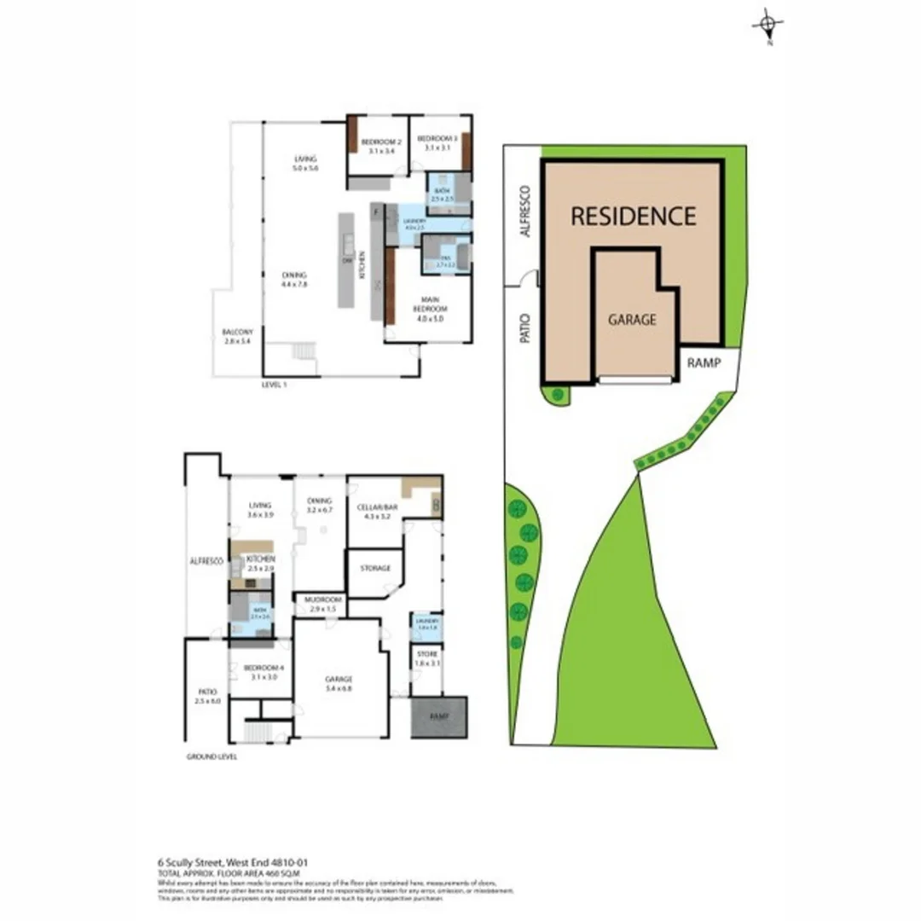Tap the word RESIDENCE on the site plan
click(x=633, y=216)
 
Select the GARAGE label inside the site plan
click(x=632, y=320)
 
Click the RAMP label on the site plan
click(x=704, y=362)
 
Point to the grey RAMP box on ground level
click(x=438, y=716)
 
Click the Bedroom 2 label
click(x=378, y=144)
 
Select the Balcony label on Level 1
click(x=237, y=336)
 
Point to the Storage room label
click(x=375, y=568)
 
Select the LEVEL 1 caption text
click(x=274, y=385)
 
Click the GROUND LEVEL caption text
click(x=211, y=756)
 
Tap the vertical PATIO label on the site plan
click(x=525, y=326)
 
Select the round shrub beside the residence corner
click(x=557, y=394)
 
